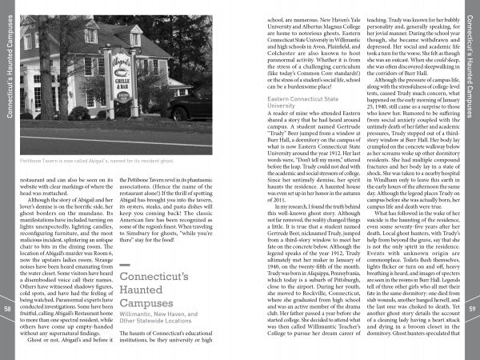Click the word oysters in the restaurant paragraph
pyautogui.click(x=142, y=213)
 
